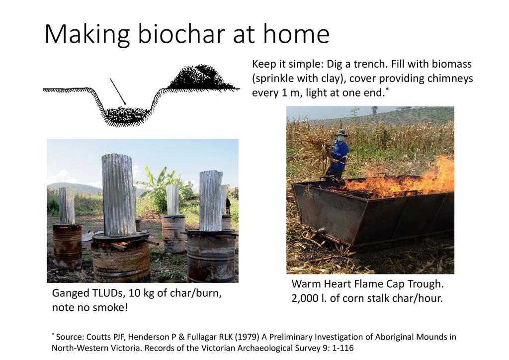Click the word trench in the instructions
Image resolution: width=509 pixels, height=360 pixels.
(371, 64)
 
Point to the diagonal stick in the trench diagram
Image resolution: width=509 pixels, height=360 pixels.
(117, 91)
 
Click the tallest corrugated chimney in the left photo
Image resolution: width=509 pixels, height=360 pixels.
(119, 195)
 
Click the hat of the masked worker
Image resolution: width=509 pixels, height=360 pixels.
(341, 132)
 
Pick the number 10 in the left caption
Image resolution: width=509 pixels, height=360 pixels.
(134, 293)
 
